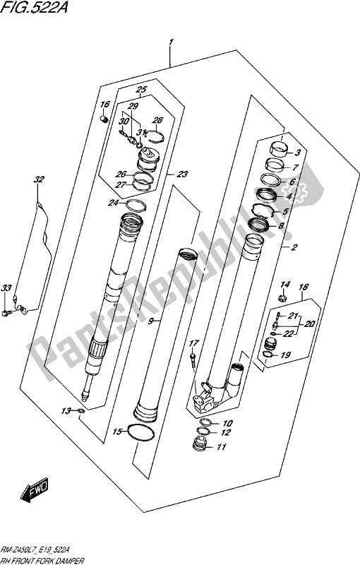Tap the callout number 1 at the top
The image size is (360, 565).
click(x=171, y=47)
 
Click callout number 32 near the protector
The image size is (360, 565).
click(x=38, y=179)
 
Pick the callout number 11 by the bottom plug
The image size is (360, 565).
click(x=222, y=446)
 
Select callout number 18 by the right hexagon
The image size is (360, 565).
click(x=304, y=287)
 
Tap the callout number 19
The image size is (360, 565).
click(x=286, y=356)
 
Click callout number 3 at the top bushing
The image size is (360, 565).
click(x=298, y=153)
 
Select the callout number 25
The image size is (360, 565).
click(x=140, y=90)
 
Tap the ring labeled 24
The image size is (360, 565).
click(x=134, y=206)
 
